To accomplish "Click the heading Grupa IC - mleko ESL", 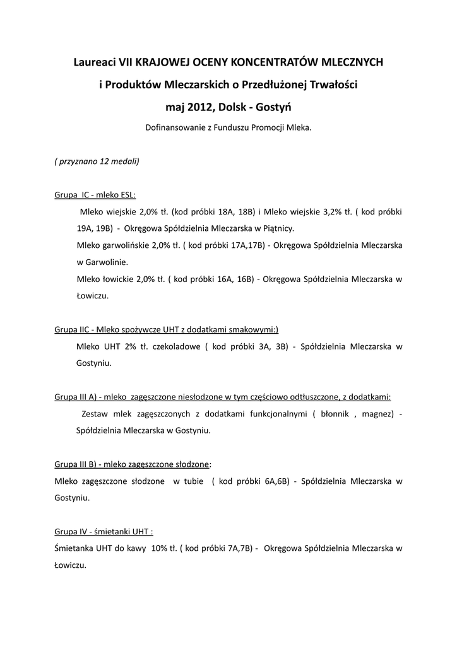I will click(95, 195).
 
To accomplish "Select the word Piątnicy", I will click(275, 228).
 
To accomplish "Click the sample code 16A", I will click(227, 278).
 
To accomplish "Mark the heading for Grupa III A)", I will click(223, 397).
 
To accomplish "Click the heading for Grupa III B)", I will click(132, 464).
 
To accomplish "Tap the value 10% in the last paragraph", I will click(158, 549).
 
